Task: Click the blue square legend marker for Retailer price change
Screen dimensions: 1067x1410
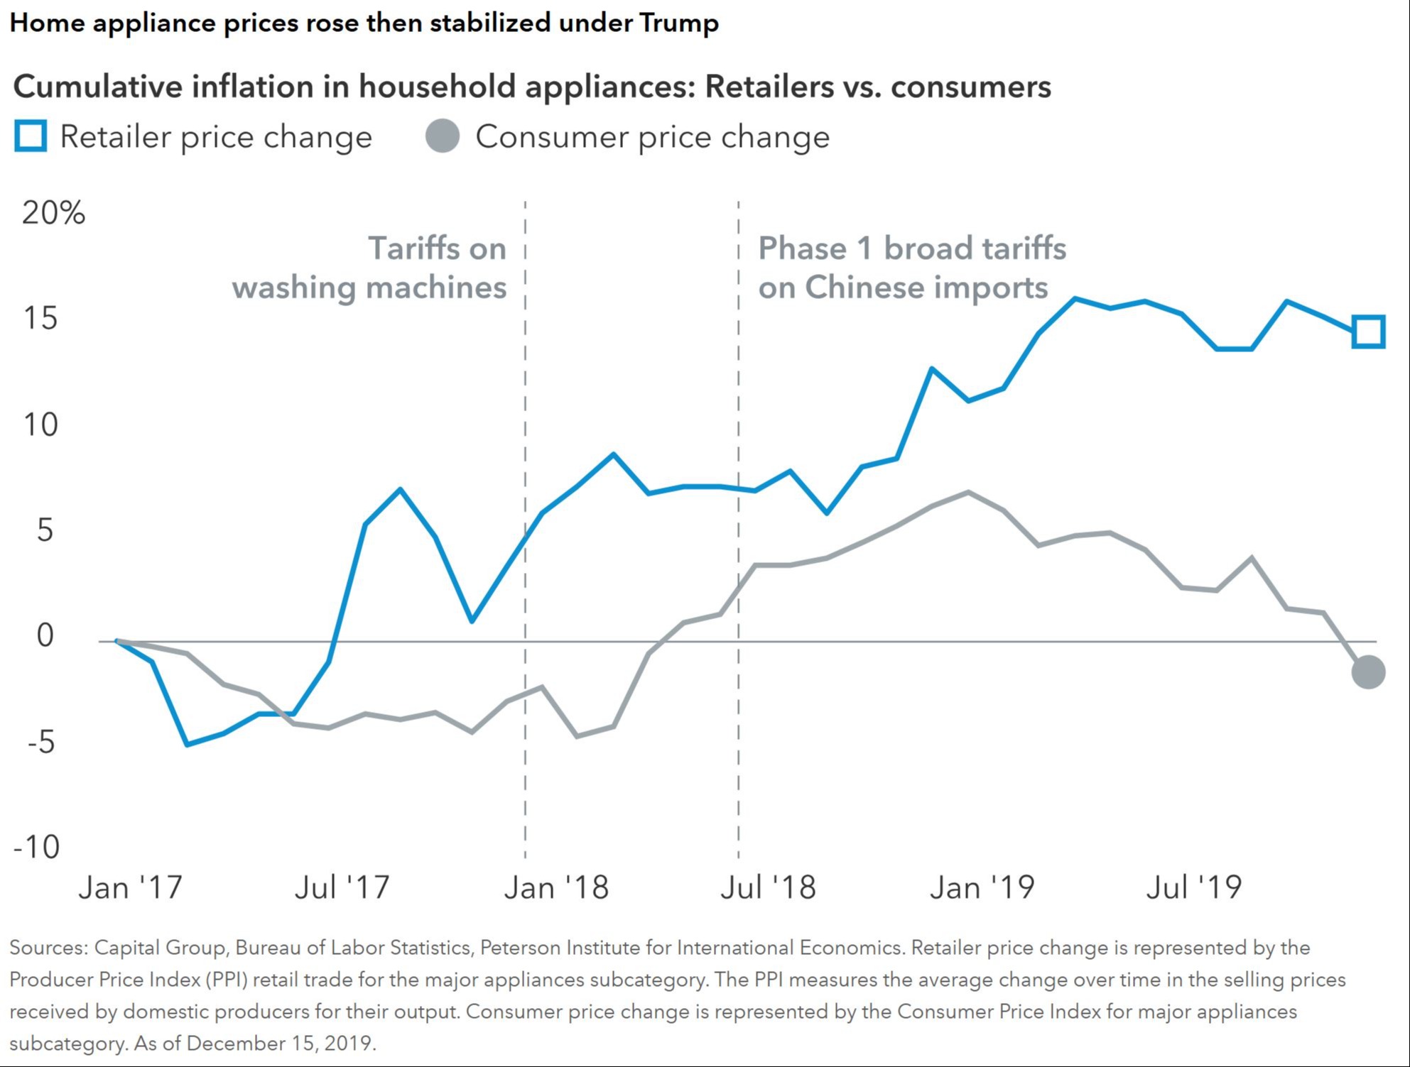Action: (x=31, y=136)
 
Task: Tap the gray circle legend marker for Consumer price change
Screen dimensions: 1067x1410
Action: (x=443, y=136)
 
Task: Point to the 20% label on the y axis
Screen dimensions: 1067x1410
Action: (x=53, y=212)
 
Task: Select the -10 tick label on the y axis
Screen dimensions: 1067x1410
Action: (x=36, y=846)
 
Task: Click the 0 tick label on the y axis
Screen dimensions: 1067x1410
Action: (x=45, y=635)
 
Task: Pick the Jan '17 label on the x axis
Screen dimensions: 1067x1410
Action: (x=130, y=887)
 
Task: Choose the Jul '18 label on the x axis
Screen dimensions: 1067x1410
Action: (x=768, y=887)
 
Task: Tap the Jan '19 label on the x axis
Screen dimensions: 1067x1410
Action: (x=982, y=887)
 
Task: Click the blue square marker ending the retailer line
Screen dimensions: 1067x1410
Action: (x=1368, y=332)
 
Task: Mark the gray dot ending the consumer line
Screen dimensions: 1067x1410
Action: (x=1368, y=672)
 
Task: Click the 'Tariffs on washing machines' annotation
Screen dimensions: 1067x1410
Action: (x=369, y=268)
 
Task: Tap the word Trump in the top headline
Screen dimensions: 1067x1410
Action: (x=679, y=23)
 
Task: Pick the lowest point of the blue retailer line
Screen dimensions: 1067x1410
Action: (x=187, y=744)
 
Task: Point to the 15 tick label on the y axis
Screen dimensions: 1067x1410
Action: (x=40, y=318)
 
